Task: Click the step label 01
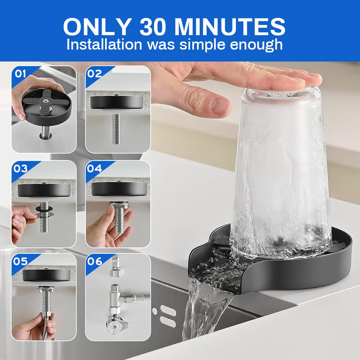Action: click(x=20, y=73)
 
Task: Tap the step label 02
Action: click(x=95, y=73)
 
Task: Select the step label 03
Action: click(x=20, y=168)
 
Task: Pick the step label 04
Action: click(x=95, y=168)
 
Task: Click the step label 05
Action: click(x=20, y=262)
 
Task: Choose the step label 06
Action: click(x=95, y=262)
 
